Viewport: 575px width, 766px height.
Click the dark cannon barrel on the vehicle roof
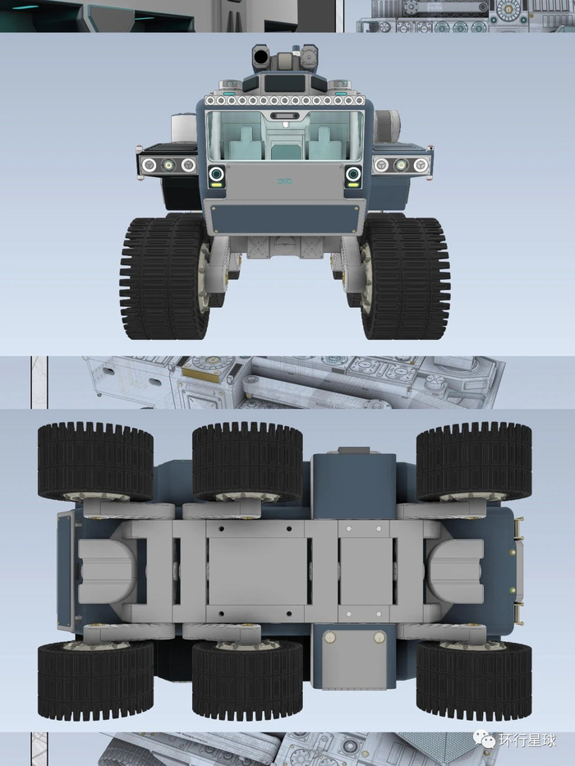(261, 57)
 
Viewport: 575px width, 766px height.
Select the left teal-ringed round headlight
(217, 174)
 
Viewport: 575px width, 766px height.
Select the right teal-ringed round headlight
(352, 174)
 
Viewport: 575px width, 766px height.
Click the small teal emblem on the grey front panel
(284, 181)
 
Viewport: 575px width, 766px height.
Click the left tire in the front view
(164, 278)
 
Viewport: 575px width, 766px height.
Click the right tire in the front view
(405, 278)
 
